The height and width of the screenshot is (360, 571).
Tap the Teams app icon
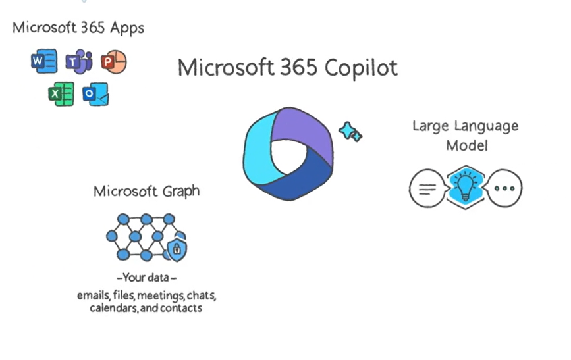pos(78,62)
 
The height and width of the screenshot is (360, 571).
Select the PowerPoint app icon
pos(113,62)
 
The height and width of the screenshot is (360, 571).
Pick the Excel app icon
pos(61,94)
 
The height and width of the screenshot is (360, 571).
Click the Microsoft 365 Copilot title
pos(287,68)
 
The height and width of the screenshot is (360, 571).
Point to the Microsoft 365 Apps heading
pos(78,28)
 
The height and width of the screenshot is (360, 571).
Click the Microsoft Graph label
pos(146,192)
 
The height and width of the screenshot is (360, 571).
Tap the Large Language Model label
pos(466,135)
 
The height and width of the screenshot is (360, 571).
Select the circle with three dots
pos(504,188)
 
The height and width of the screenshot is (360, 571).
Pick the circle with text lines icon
pos(427,188)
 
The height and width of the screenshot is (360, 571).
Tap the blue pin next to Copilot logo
pos(350,132)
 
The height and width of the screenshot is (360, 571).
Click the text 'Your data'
pos(146,278)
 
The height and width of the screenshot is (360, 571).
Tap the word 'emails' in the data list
pos(92,295)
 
